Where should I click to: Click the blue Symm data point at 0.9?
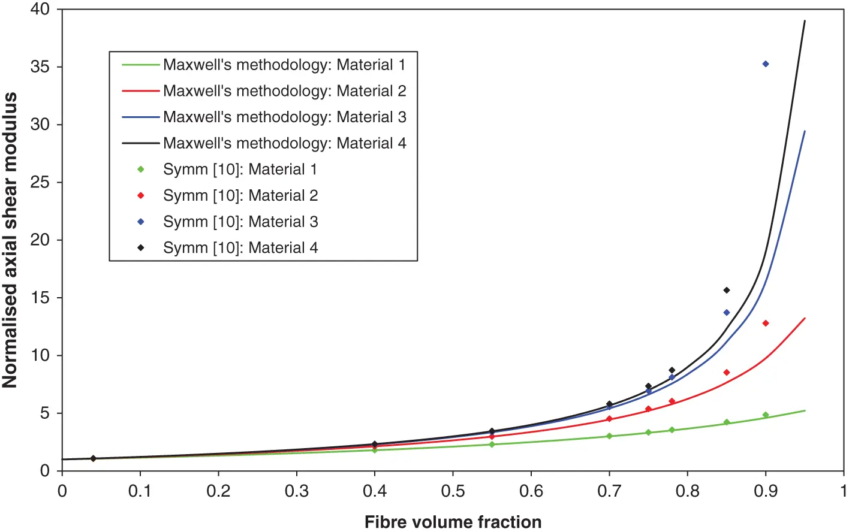(x=766, y=64)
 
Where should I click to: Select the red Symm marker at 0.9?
(x=766, y=324)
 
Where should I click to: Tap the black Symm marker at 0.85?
(x=727, y=291)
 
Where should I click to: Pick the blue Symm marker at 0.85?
(x=727, y=313)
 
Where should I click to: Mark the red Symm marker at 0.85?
(x=727, y=373)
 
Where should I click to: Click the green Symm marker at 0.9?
(x=766, y=415)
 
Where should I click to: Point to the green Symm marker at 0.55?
(x=492, y=445)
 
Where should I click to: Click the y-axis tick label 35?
(x=40, y=67)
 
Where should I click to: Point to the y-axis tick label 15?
(x=40, y=298)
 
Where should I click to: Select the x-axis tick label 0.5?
(x=453, y=491)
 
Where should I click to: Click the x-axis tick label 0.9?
(x=766, y=491)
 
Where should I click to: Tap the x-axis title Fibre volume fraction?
(x=453, y=522)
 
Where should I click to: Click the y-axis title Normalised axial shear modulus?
(x=10, y=240)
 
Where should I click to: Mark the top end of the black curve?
(x=805, y=21)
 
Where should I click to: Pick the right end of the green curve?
(x=805, y=410)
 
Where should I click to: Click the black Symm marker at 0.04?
(x=93, y=458)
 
